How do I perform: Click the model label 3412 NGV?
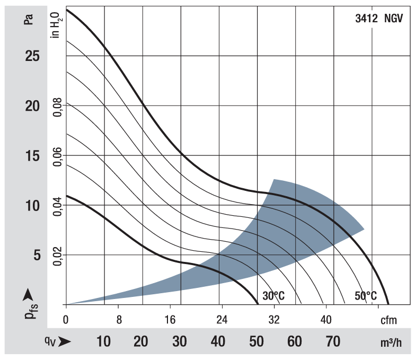pyautogui.click(x=379, y=20)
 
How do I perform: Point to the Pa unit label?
pyautogui.click(x=30, y=20)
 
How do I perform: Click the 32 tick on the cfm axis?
pyautogui.click(x=273, y=320)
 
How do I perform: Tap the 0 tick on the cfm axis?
pyautogui.click(x=66, y=320)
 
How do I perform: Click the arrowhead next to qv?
pyautogui.click(x=65, y=343)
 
